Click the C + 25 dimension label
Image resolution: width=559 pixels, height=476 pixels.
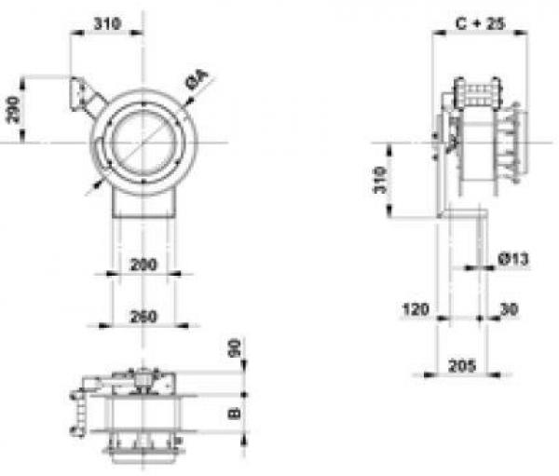480,23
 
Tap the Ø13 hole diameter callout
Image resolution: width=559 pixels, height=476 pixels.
513,259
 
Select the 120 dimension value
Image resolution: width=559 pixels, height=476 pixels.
416,308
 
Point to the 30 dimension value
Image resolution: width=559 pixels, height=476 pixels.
509,309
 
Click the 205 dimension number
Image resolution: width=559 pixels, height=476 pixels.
462,365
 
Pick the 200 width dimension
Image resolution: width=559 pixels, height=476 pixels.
143,265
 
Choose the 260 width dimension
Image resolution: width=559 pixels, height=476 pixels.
143,317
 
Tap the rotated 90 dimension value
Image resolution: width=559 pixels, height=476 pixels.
234,348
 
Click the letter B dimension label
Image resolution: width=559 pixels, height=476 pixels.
234,413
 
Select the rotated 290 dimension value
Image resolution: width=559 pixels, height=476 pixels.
14,110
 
